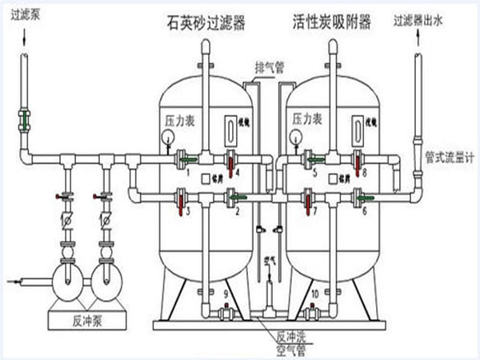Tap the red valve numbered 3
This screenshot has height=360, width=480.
186,198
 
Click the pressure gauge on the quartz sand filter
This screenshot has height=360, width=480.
169,135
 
